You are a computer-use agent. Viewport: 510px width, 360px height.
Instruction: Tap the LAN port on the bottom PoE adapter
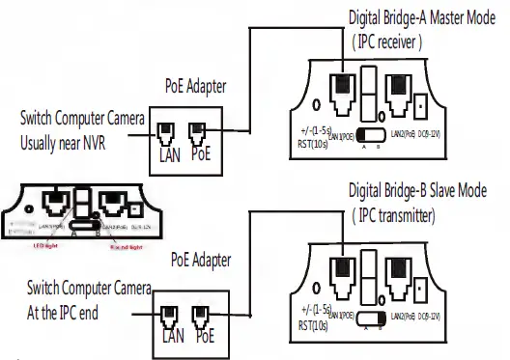(170, 315)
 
